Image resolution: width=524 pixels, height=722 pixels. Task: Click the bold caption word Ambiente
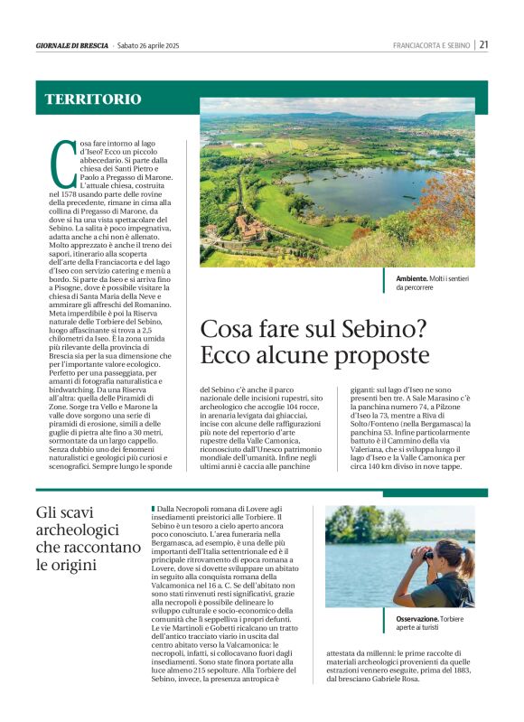coord(415,279)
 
